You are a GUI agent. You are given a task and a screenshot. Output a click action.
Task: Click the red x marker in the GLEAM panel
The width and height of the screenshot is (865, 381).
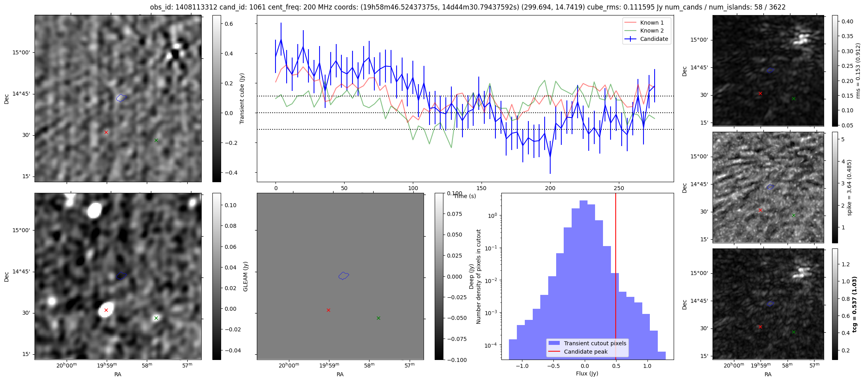tap(106, 310)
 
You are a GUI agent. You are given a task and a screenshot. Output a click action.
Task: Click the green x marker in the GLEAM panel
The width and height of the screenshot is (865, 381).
tap(156, 318)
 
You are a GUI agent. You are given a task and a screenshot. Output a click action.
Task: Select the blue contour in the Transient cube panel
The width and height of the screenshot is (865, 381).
tap(121, 98)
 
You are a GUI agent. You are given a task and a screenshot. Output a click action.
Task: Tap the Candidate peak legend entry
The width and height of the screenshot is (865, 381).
tap(586, 352)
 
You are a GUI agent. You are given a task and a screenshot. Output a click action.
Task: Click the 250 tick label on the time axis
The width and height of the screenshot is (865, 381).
tap(619, 188)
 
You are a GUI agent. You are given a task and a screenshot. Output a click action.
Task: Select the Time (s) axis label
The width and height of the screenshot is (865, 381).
tap(465, 196)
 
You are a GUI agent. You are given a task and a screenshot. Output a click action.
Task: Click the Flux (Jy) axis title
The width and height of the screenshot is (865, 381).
tap(587, 373)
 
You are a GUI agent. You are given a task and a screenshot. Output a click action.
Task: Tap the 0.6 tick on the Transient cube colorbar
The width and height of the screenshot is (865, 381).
tap(229, 24)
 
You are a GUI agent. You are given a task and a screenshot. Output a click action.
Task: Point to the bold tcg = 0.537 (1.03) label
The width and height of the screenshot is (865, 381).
tap(854, 304)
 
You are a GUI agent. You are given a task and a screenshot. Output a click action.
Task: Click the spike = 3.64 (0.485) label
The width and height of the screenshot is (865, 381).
tap(849, 187)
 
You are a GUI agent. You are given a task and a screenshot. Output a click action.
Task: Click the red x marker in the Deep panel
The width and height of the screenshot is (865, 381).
tap(328, 310)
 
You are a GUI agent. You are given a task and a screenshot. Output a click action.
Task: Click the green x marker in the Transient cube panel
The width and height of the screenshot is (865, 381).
tap(156, 140)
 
